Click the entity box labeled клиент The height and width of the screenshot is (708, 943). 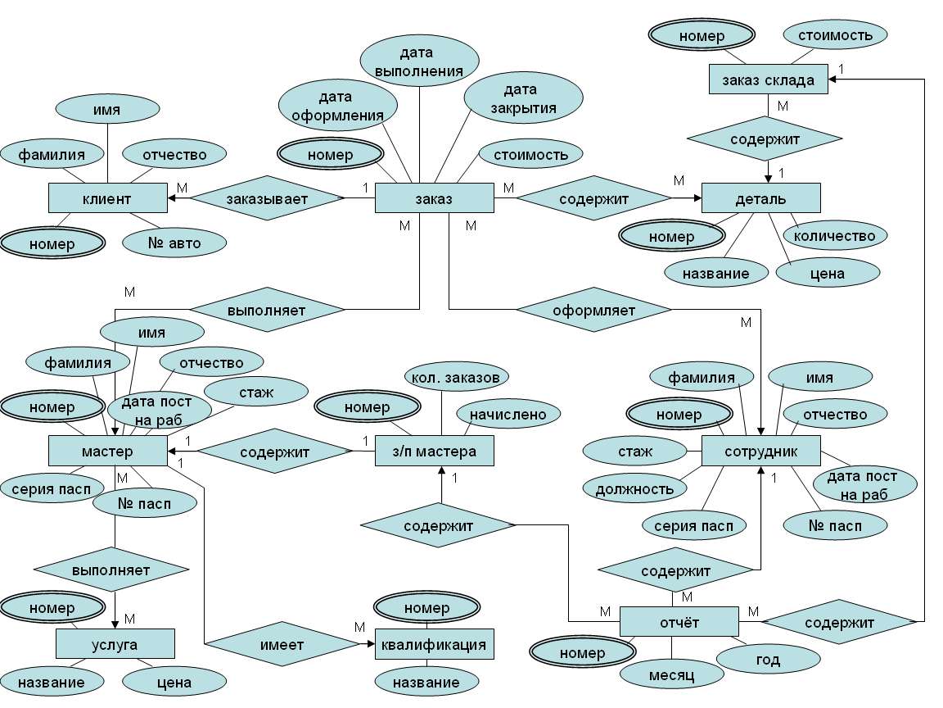pyautogui.click(x=107, y=197)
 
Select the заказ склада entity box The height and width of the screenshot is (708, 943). pyautogui.click(x=768, y=79)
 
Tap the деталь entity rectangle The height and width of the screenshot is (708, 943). pyautogui.click(x=760, y=198)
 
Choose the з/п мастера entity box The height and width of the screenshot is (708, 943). pyautogui.click(x=435, y=451)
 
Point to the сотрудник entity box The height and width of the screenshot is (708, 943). pyautogui.click(x=760, y=451)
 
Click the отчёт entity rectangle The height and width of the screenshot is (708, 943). pyautogui.click(x=679, y=622)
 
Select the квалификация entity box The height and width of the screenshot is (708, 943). pyautogui.click(x=435, y=644)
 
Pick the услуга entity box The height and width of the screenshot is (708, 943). pyautogui.click(x=115, y=644)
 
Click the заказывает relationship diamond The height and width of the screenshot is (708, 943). pyautogui.click(x=268, y=198)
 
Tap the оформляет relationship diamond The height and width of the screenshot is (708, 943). pyautogui.click(x=593, y=310)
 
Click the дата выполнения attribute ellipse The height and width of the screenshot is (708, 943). pyautogui.click(x=420, y=62)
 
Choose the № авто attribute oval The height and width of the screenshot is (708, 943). pyautogui.click(x=174, y=242)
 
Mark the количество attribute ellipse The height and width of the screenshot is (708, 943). pyautogui.click(x=835, y=236)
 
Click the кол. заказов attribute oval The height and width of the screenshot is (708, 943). pyautogui.click(x=457, y=377)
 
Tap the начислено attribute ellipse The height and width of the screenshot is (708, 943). pyautogui.click(x=508, y=415)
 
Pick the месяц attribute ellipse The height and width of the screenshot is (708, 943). pyautogui.click(x=672, y=676)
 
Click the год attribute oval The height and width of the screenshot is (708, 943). pyautogui.click(x=756, y=657)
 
